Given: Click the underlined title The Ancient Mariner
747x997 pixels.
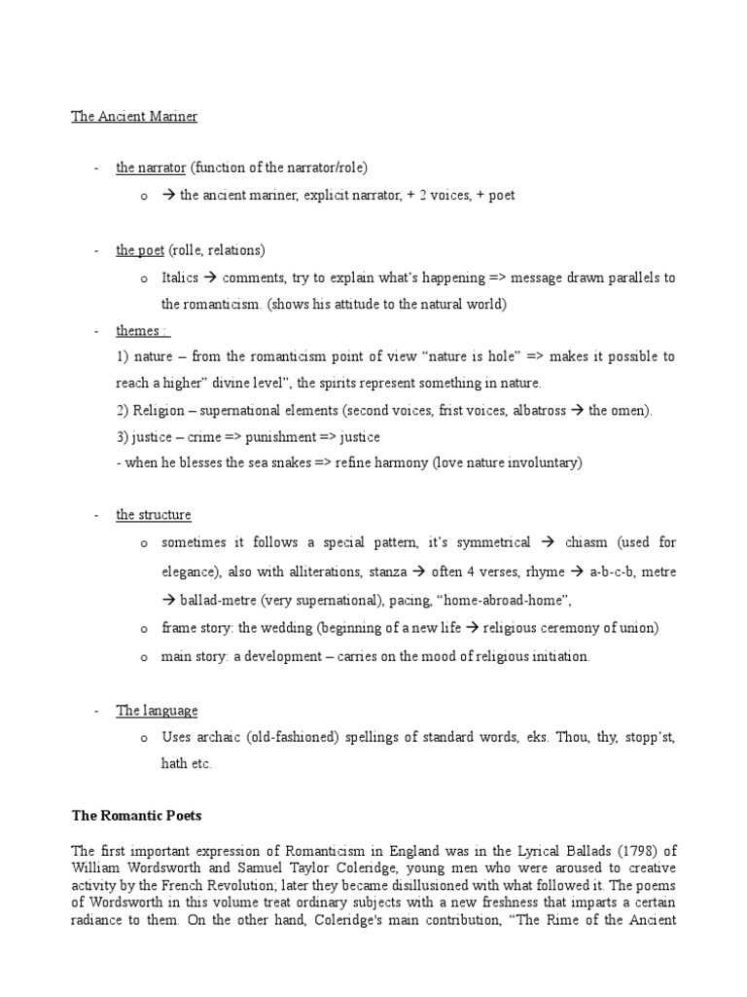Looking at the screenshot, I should (x=134, y=117).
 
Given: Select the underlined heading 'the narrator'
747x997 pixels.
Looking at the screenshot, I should (x=151, y=167).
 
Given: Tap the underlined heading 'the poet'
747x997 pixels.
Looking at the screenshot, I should (x=140, y=250).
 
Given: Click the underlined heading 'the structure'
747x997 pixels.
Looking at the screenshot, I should (x=154, y=514).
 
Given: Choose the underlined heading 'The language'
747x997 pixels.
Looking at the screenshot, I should (x=157, y=711).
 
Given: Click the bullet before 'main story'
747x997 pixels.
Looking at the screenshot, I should (x=143, y=657).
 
